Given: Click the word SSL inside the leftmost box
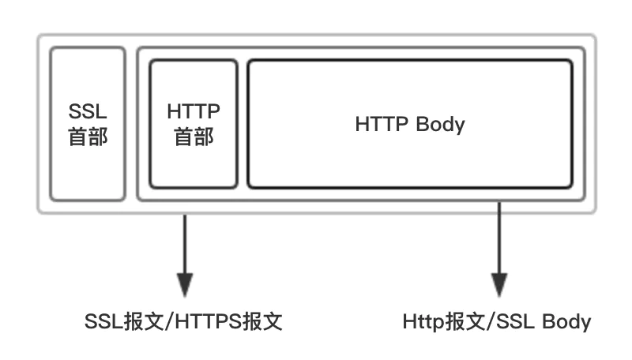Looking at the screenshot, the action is click(x=88, y=111).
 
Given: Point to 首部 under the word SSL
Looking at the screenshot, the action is click(x=88, y=137).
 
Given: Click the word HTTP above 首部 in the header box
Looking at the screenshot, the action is click(x=194, y=111).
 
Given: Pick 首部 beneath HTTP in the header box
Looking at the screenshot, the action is click(x=194, y=137).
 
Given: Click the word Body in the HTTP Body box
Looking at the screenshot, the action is click(x=440, y=125).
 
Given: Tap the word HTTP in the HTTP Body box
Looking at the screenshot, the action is click(x=382, y=124).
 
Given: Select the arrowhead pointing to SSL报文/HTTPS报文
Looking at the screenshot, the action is click(x=185, y=285).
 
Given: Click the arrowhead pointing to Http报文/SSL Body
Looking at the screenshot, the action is click(x=499, y=285).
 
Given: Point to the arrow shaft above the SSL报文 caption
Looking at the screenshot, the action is click(x=185, y=244).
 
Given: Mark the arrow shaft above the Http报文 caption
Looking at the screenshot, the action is click(x=499, y=238).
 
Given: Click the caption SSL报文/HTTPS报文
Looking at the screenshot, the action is click(x=183, y=322).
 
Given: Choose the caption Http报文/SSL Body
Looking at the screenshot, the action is click(x=497, y=322).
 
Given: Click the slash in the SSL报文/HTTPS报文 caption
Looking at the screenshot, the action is click(x=169, y=322).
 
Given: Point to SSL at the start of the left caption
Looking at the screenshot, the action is click(x=103, y=322).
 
